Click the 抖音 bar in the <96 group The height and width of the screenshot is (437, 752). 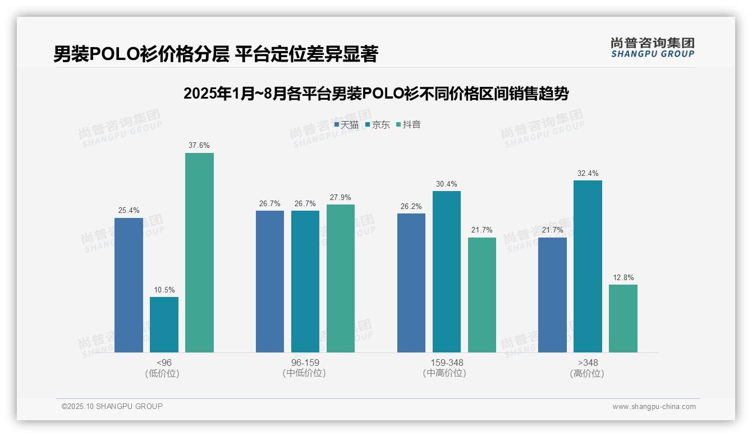click(199, 253)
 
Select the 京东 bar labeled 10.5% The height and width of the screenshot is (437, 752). click(164, 324)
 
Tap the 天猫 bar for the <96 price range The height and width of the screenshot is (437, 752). click(129, 285)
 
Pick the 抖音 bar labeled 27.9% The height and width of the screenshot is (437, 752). click(341, 278)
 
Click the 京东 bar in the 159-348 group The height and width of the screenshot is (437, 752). click(447, 272)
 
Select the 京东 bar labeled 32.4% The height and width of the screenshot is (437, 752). click(588, 266)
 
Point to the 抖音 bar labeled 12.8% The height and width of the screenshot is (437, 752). click(623, 318)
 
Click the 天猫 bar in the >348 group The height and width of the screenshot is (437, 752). click(552, 295)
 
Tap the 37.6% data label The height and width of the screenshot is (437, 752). click(199, 146)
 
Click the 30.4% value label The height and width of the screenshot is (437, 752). click(447, 184)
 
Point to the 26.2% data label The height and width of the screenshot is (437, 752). click(411, 206)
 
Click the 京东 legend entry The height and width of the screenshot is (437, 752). click(377, 125)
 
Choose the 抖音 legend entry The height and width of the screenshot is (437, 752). click(409, 125)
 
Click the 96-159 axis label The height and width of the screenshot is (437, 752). click(305, 362)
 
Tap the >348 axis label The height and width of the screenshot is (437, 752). click(587, 362)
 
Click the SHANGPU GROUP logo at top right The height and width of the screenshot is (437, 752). click(652, 48)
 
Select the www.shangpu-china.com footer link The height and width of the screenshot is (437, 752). click(654, 407)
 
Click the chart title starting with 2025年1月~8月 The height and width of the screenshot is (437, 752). click(376, 94)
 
